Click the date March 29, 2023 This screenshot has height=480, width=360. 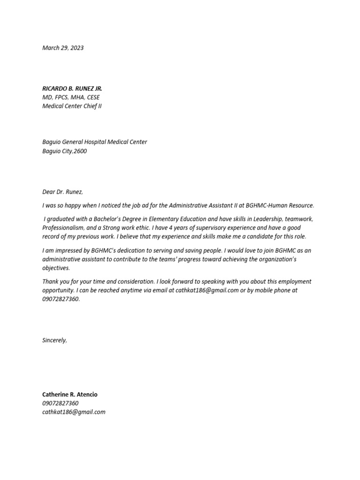pos(63,48)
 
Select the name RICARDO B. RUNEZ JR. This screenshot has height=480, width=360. pos(72,89)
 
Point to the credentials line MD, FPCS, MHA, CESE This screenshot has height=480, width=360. pos(71,97)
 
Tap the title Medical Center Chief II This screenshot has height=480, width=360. pos(72,106)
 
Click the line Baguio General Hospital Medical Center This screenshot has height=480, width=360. pos(95,142)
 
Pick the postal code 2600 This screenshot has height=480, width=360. pos(80,151)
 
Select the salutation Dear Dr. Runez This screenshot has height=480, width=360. pos(62,192)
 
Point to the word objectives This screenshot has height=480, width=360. pos(55,268)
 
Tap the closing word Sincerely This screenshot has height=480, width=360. pos(54,340)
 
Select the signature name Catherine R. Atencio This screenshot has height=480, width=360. pos(70,395)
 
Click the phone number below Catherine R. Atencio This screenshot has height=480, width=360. pos(60,403)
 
